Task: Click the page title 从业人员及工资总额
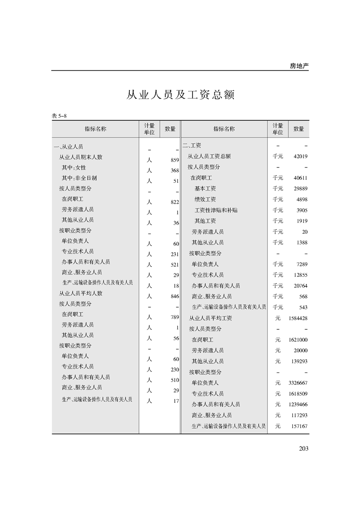point(180,95)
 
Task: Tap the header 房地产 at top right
point(299,66)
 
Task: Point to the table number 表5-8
point(59,116)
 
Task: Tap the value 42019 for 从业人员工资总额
point(301,157)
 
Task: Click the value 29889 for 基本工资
point(301,189)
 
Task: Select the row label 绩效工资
point(205,200)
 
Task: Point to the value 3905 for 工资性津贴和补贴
point(301,210)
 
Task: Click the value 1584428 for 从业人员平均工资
point(298,318)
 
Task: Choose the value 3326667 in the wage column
point(298,383)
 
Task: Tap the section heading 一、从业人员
point(68,147)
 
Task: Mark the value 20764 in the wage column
point(301,286)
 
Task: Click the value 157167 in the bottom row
point(299,426)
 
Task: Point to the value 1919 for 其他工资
point(301,221)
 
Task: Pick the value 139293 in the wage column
point(299,362)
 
